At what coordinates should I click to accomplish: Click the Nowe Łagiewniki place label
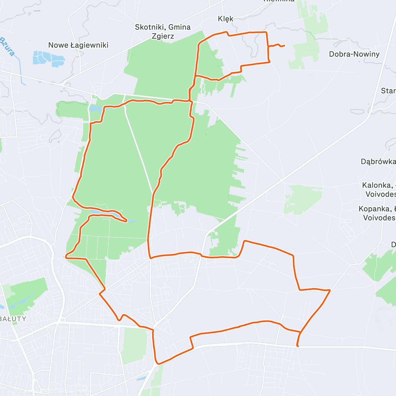(x=78, y=45)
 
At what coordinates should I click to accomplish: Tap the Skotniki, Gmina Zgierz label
(x=163, y=32)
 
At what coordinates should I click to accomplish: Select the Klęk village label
(x=226, y=19)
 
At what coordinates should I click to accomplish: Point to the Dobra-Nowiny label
(x=354, y=54)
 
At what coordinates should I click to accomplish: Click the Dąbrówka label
(x=378, y=162)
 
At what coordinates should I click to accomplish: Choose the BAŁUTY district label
(x=13, y=319)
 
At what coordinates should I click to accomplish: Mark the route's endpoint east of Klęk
(x=284, y=46)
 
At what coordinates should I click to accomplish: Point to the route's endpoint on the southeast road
(x=298, y=346)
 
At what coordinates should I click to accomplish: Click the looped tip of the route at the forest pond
(x=126, y=221)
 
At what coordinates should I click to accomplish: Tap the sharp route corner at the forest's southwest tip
(x=66, y=256)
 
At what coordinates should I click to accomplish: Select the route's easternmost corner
(x=330, y=290)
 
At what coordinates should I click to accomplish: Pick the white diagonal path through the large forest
(x=139, y=148)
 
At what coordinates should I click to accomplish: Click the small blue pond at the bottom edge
(x=141, y=378)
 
